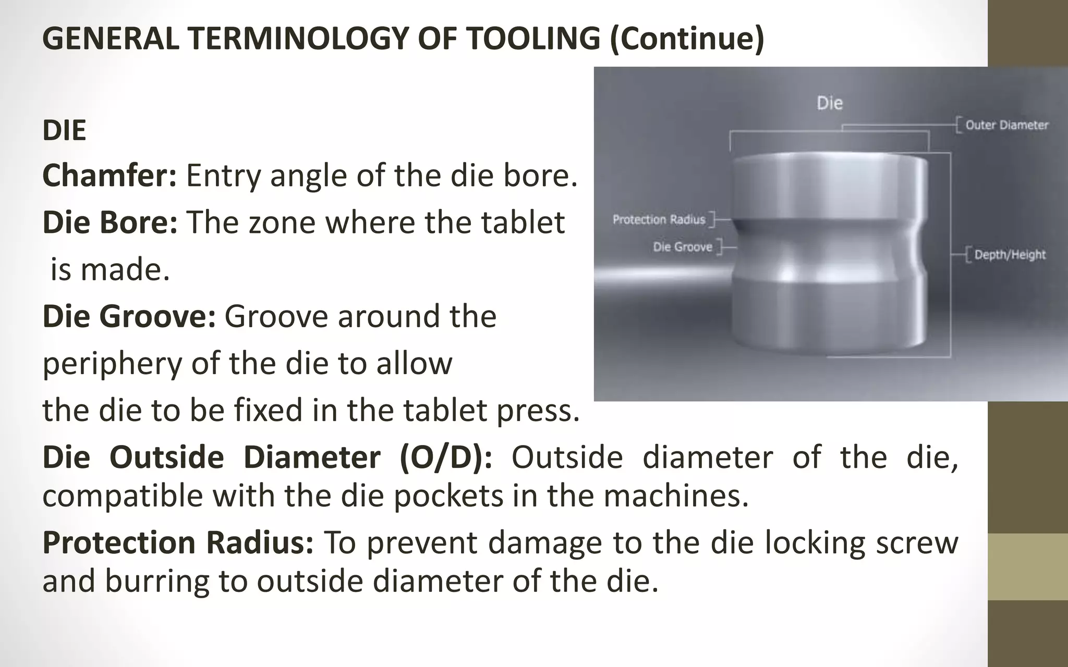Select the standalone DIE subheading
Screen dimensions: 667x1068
pos(64,130)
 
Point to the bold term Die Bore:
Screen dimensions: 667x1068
pos(110,223)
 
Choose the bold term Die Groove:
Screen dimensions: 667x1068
pos(129,316)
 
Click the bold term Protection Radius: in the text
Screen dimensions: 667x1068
pos(178,542)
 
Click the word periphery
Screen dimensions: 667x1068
pos(112,364)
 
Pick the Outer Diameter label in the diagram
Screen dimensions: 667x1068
pos(1006,125)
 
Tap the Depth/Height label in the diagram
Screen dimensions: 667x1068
pos(1010,255)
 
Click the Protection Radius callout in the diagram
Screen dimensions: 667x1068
pos(659,220)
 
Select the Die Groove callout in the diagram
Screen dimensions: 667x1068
pos(683,247)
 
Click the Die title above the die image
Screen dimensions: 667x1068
pos(829,103)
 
